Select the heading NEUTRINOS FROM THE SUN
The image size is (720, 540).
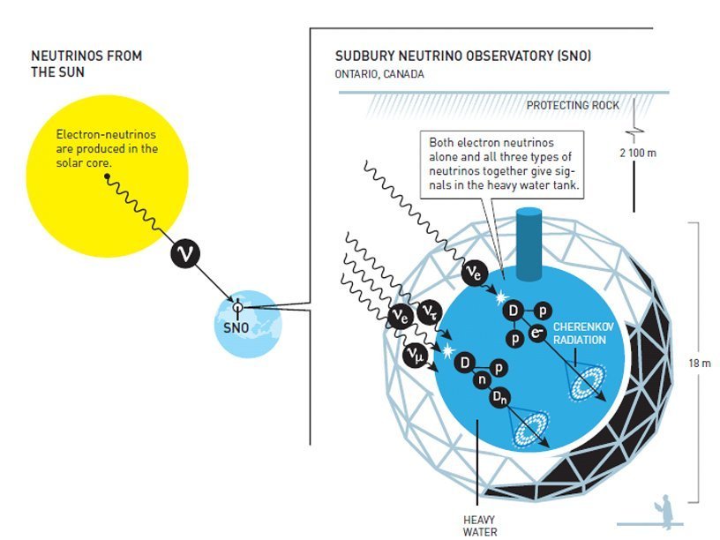click(86, 63)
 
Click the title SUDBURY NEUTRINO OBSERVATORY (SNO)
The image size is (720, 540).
click(462, 56)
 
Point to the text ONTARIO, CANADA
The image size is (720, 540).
click(379, 74)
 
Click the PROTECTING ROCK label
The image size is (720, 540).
click(573, 106)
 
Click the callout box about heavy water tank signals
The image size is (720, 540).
click(506, 164)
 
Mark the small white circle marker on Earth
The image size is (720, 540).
click(236, 307)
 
